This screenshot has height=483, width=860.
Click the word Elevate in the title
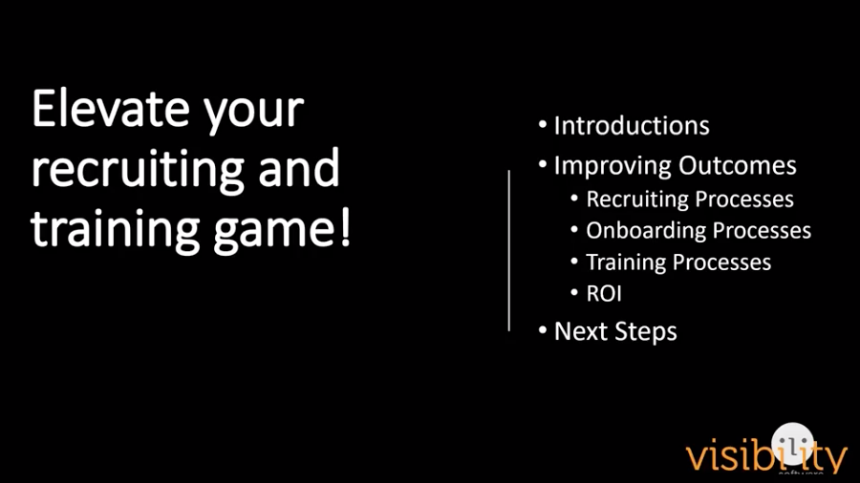coord(110,108)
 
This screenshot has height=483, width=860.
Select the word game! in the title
coord(282,230)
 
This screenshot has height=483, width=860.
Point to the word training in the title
coord(115,230)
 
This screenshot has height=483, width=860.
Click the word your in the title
coord(253,114)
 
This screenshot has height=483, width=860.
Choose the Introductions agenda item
coord(632,125)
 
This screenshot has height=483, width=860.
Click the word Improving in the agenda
coord(613,166)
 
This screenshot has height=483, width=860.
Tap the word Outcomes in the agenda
coord(737,165)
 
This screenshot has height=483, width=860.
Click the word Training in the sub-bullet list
coord(626,262)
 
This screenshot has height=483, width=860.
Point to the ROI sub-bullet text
coord(604,294)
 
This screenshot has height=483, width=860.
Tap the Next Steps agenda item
coord(615,331)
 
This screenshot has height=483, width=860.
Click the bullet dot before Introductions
coord(543,124)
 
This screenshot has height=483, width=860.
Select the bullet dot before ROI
coord(574,292)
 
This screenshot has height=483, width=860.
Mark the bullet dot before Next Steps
coord(543,330)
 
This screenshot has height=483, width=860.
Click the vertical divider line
coord(509,251)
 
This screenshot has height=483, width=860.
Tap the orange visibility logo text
coord(766,454)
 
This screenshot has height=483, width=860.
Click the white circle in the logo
coord(792,444)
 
